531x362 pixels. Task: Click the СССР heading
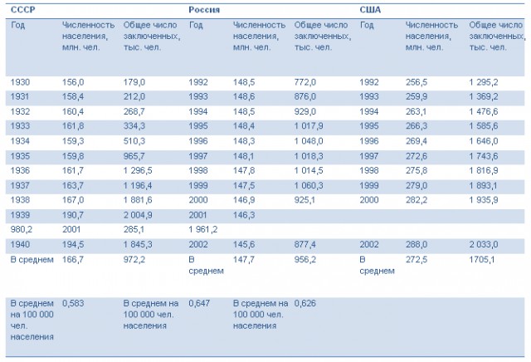click(22, 9)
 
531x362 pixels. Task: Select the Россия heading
click(204, 9)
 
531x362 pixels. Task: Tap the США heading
click(370, 9)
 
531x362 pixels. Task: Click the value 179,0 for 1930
click(134, 82)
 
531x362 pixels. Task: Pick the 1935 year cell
click(20, 156)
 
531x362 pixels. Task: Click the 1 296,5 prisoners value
click(138, 170)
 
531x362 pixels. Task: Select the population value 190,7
click(73, 215)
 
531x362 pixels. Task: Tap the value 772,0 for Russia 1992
click(305, 82)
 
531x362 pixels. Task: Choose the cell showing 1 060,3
click(309, 185)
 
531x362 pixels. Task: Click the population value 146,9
click(244, 199)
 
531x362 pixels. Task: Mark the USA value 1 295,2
click(484, 82)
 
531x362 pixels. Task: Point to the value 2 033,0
click(484, 244)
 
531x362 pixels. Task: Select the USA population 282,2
click(417, 199)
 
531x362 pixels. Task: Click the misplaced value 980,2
click(22, 229)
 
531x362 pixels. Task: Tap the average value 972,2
click(134, 259)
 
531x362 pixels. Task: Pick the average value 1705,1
click(482, 259)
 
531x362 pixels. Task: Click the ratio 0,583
click(73, 303)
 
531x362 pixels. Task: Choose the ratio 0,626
click(305, 303)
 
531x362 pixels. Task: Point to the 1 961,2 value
click(203, 229)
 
